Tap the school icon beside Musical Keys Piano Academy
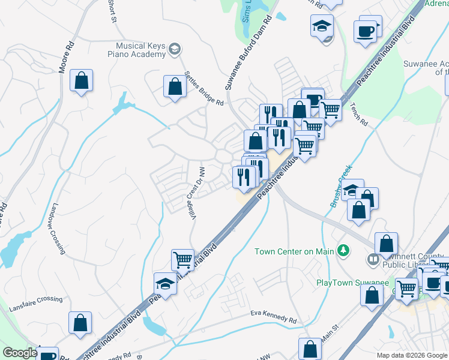(x=175, y=49)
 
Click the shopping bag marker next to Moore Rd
(x=81, y=81)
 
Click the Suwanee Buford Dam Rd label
(x=249, y=52)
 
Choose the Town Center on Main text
(x=294, y=251)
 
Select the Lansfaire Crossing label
(x=35, y=304)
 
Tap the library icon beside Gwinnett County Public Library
(x=373, y=259)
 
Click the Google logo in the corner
(x=20, y=353)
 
